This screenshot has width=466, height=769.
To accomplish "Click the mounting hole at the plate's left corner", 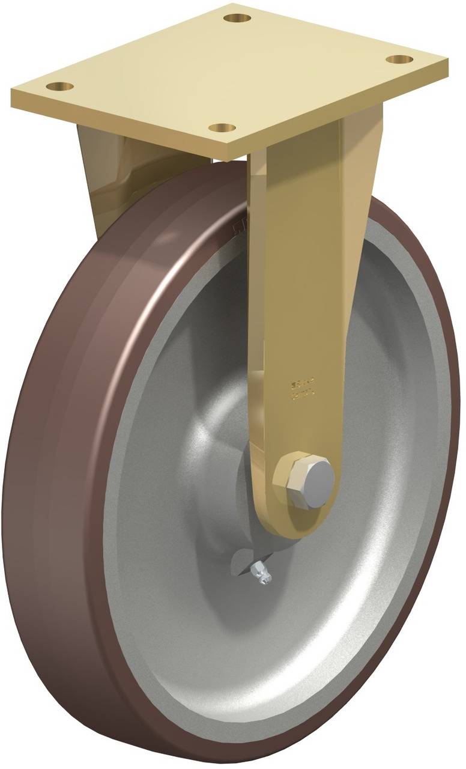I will coord(59,87).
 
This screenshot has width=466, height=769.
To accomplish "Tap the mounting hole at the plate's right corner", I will coord(399,59).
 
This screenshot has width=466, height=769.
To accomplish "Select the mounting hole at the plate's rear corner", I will coord(237,18).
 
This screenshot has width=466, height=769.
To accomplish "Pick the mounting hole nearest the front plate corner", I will coord(222,127).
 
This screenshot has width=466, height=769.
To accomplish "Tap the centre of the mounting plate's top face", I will coord(228,72).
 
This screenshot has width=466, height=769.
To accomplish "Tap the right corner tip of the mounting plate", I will coord(447,61).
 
